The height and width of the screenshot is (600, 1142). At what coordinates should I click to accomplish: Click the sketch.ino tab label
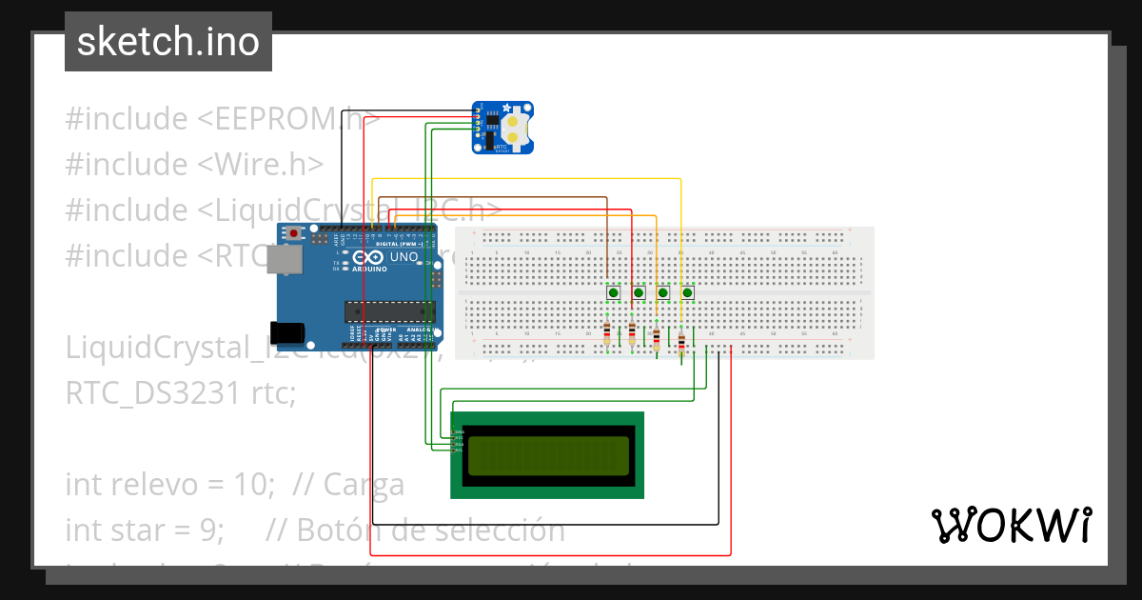[168, 42]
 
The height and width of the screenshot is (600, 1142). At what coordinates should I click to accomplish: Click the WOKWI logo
[1010, 525]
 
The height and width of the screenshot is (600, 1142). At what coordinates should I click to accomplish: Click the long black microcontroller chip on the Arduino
[389, 310]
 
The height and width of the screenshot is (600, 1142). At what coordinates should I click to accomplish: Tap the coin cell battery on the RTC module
[515, 129]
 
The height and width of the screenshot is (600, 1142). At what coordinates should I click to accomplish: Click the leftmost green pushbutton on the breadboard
[614, 292]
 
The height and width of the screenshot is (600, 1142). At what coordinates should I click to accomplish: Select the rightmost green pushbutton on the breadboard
[687, 292]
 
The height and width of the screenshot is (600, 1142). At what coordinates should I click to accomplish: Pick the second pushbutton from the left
[639, 292]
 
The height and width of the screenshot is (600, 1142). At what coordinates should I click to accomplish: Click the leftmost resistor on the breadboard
[607, 333]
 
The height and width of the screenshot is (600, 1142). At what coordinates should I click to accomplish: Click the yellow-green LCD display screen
[547, 455]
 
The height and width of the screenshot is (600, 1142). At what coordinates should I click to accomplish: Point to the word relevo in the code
[151, 485]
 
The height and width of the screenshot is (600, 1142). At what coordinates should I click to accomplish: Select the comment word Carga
[364, 485]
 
